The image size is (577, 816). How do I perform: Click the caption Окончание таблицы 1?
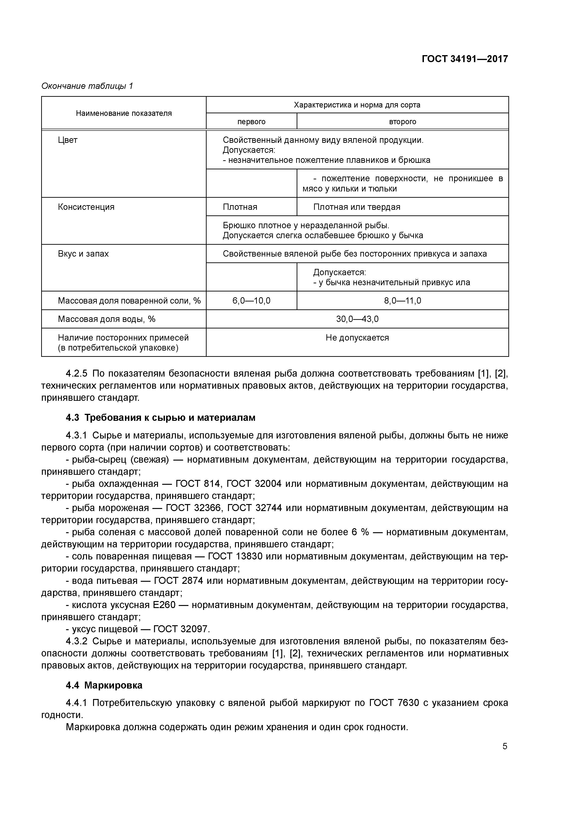point(87,86)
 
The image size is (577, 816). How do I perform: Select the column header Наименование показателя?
point(124,113)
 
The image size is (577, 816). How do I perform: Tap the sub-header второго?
point(403,122)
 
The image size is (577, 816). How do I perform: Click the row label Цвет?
point(67,140)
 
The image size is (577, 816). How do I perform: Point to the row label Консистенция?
point(86,207)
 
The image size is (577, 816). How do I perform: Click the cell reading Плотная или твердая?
point(357,207)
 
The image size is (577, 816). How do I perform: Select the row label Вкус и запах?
point(83,254)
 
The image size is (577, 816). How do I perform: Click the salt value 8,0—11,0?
point(403,301)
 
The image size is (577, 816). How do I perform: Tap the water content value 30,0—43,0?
point(357,319)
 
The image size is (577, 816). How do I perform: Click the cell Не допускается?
point(357,338)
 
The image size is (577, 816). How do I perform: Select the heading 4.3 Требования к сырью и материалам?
point(161,418)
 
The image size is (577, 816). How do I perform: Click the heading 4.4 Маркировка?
point(104,685)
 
